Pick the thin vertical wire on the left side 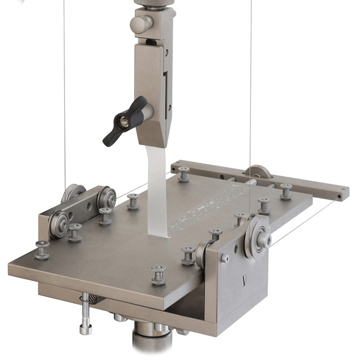coord(64,91)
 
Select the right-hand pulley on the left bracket coord(107,197)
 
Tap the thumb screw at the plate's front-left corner coord(42,250)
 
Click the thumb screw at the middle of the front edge coord(158,274)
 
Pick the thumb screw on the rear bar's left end coord(183,174)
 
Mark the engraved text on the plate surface coord(206,210)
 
